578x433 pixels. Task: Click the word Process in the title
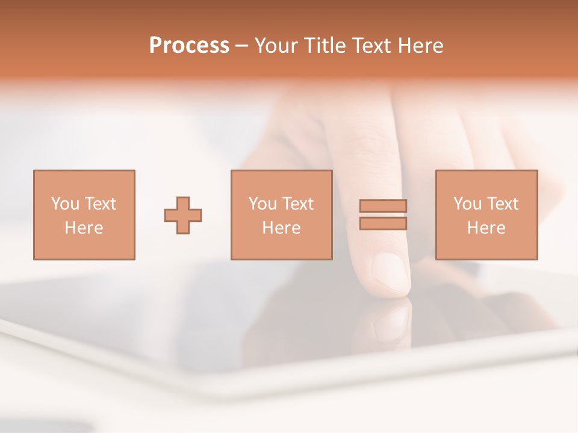[x=189, y=46]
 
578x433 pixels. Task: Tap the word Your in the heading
[x=278, y=46]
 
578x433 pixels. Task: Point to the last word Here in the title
[x=421, y=46]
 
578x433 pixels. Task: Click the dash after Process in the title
[x=241, y=46]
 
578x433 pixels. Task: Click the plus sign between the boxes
[x=183, y=215]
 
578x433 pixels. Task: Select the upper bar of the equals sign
[x=383, y=206]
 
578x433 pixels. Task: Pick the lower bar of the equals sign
[x=383, y=224]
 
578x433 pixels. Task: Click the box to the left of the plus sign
[x=84, y=215]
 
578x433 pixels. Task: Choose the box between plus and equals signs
[x=281, y=215]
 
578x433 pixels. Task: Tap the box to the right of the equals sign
[x=486, y=215]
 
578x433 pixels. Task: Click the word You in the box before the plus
[x=66, y=204]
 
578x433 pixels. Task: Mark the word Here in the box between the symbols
[x=281, y=228]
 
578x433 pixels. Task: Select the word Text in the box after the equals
[x=503, y=204]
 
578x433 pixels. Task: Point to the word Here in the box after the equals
[x=486, y=228]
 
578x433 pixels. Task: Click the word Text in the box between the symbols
[x=298, y=204]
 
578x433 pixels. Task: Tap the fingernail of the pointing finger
[x=390, y=272]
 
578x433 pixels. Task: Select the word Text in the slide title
[x=373, y=46]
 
